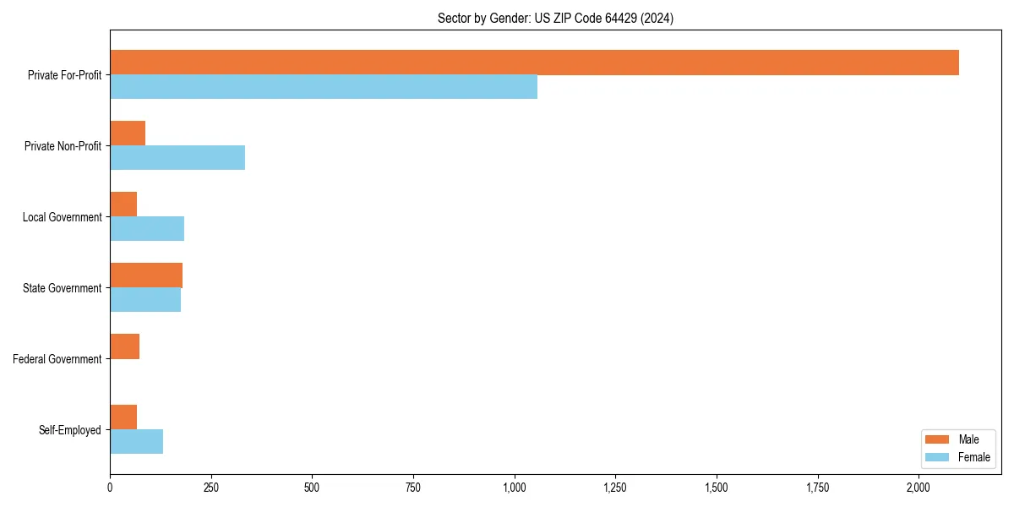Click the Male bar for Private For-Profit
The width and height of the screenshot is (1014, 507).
pos(534,63)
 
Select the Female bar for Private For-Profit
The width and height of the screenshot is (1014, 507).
pos(324,87)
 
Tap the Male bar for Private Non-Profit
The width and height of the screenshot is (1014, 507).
pos(128,134)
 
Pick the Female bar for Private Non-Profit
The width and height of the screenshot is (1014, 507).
pos(177,158)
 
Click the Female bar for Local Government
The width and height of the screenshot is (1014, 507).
pos(147,229)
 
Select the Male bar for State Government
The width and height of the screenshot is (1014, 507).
pos(146,275)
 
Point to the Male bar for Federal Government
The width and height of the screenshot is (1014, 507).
pos(124,346)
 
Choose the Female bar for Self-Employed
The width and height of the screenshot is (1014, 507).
pos(136,442)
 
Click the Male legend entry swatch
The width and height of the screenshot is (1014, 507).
pos(938,439)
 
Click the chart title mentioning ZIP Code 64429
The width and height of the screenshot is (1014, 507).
pos(555,18)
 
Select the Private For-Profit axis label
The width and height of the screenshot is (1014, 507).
pos(64,75)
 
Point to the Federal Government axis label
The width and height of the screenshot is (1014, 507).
pos(57,359)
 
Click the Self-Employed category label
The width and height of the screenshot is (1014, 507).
pos(70,430)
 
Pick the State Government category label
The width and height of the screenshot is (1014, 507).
pos(63,288)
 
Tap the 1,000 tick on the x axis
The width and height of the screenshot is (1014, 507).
pos(515,488)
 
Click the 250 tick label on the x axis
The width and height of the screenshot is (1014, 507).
pos(211,488)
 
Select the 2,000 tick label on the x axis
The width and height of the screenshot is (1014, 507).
pos(919,488)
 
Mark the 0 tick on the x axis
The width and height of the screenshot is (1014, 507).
pos(110,488)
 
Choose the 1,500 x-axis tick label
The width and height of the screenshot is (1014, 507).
pos(717,488)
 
